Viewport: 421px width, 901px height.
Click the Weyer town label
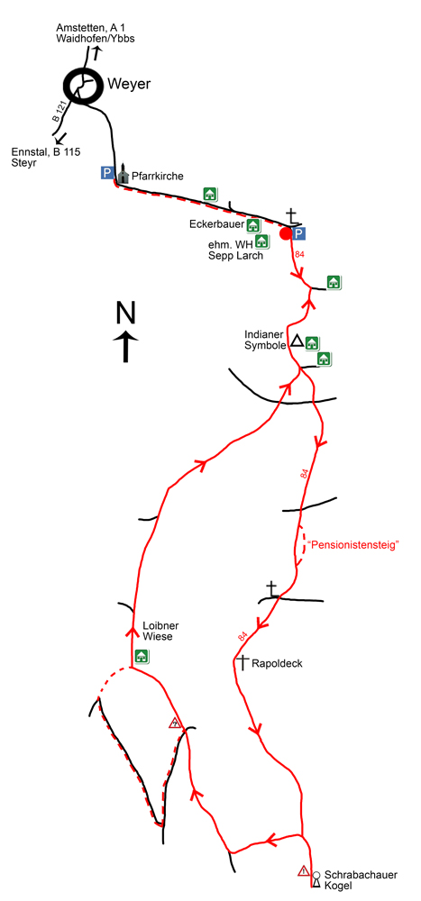pos(128,84)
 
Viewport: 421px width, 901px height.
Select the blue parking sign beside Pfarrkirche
pos(107,172)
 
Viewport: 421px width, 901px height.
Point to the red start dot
pos(285,233)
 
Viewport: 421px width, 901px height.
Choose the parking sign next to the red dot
pos(297,232)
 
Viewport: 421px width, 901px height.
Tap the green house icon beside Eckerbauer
pos(253,225)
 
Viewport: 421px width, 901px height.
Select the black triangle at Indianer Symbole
pos(297,341)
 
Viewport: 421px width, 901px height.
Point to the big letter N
pos(126,314)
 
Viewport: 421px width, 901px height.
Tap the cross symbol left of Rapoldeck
pos(243,662)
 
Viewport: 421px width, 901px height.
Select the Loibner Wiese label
pos(158,631)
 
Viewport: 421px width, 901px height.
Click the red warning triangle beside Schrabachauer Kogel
pos(303,870)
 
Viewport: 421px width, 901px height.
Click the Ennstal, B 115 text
pos(45,152)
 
